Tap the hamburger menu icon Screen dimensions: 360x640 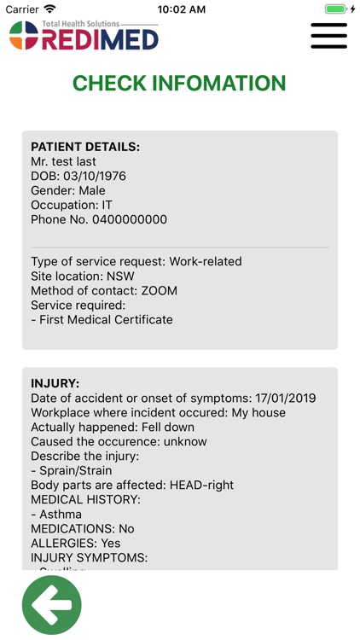(328, 36)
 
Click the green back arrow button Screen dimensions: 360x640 (52, 605)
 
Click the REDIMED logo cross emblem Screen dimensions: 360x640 (24, 36)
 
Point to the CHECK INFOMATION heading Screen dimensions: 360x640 (179, 84)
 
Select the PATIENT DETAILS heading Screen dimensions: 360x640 (85, 147)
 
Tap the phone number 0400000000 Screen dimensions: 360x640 (129, 219)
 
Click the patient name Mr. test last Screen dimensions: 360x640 (63, 161)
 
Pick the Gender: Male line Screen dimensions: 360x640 (68, 190)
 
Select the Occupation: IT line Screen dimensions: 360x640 (72, 205)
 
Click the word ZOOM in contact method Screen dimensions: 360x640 (160, 290)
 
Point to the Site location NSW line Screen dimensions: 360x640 (83, 276)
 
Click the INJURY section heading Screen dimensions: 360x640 (55, 383)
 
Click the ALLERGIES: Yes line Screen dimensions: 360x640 (76, 543)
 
